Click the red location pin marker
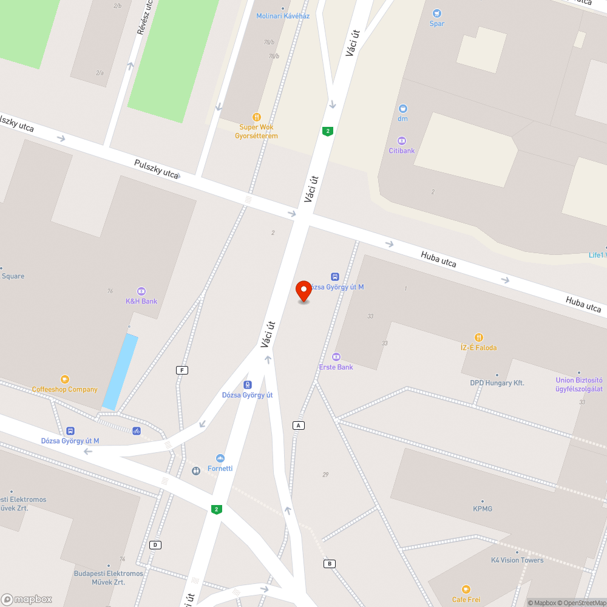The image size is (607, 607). pyautogui.click(x=303, y=291)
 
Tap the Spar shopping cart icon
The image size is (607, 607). pyautogui.click(x=436, y=13)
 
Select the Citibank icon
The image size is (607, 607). pyautogui.click(x=402, y=141)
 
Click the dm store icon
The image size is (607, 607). pyautogui.click(x=402, y=109)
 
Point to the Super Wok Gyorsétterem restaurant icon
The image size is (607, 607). pyautogui.click(x=257, y=117)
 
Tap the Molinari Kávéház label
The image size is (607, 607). pyautogui.click(x=283, y=16)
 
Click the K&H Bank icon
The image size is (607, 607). pyautogui.click(x=141, y=291)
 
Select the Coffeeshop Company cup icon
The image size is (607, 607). pyautogui.click(x=65, y=379)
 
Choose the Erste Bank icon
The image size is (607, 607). pyautogui.click(x=336, y=357)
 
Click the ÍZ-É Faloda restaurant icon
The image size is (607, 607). pyautogui.click(x=478, y=337)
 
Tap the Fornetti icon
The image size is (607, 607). pyautogui.click(x=220, y=458)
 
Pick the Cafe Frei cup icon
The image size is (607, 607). pyautogui.click(x=466, y=589)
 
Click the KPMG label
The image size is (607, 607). pyautogui.click(x=483, y=509)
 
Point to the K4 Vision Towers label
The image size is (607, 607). pyautogui.click(x=517, y=560)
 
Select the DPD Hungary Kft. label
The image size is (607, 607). pyautogui.click(x=497, y=383)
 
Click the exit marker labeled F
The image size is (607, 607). pyautogui.click(x=181, y=370)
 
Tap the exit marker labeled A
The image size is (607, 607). pyautogui.click(x=298, y=426)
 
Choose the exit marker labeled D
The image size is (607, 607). pyautogui.click(x=156, y=544)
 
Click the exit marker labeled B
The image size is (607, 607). pyautogui.click(x=329, y=564)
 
